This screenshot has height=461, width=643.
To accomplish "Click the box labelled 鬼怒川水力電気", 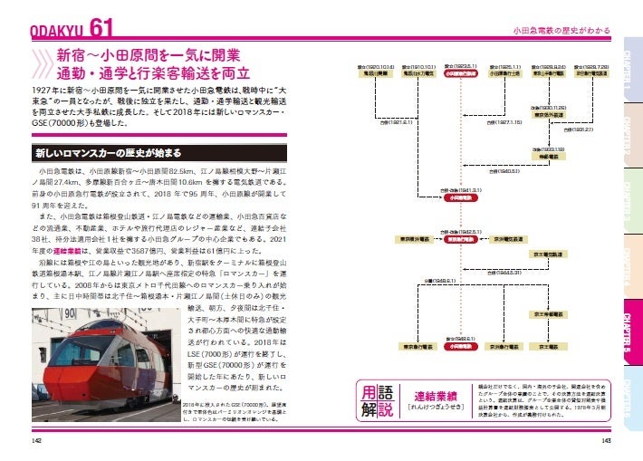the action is tap(379, 76).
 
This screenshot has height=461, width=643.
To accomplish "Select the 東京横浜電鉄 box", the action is tap(417, 240).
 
